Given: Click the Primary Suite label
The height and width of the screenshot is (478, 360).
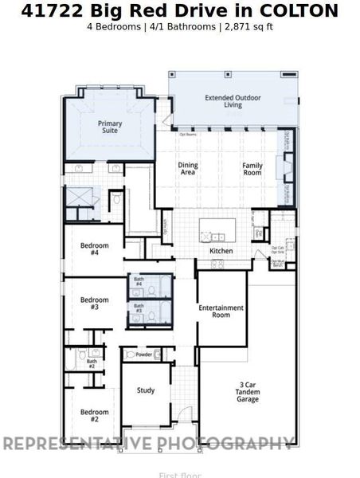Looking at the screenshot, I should (x=110, y=128).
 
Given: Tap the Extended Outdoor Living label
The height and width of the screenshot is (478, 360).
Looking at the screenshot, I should (x=234, y=102).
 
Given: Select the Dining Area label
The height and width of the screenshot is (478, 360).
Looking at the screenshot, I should (x=188, y=168).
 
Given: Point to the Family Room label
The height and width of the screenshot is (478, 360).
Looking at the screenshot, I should (x=252, y=168).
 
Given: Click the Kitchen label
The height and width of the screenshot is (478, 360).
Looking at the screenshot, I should (x=221, y=251).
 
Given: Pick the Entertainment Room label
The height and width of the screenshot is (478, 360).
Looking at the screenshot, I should (x=221, y=311).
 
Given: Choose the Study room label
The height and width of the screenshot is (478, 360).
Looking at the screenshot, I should (x=146, y=390).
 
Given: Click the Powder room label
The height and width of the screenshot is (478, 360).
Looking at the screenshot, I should (x=143, y=355).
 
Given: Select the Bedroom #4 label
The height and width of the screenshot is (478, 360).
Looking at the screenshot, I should (x=89, y=249).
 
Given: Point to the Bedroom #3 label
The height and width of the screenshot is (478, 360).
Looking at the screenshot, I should (x=89, y=303).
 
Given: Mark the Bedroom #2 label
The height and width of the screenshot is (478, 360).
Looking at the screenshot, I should (x=89, y=415).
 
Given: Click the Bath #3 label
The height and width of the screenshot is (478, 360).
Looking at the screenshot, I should (x=139, y=308).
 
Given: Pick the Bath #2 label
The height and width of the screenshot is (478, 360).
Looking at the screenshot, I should (x=92, y=364).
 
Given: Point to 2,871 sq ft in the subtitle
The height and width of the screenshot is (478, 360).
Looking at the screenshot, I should (x=250, y=27).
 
